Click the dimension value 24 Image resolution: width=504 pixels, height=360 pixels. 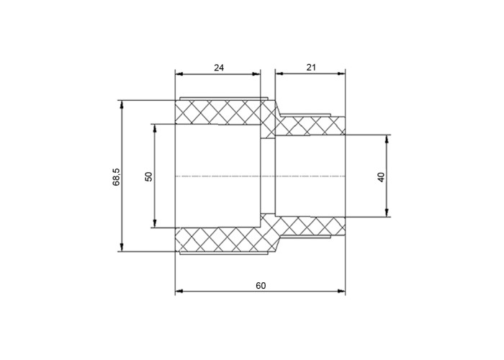click(219, 68)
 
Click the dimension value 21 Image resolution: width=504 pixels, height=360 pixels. click(311, 67)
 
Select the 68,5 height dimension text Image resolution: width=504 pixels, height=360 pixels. click(116, 177)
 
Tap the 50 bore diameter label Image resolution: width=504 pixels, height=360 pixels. click(149, 176)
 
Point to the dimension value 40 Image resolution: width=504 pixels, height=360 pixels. click(381, 177)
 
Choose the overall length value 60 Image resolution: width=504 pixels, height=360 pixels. click(261, 285)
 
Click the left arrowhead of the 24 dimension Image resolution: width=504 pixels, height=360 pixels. click(179, 74)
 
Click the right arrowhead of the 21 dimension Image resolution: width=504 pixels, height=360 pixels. click(341, 73)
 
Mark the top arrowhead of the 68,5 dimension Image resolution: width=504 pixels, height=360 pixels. click(122, 104)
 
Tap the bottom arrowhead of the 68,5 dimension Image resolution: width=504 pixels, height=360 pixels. click(122, 248)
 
